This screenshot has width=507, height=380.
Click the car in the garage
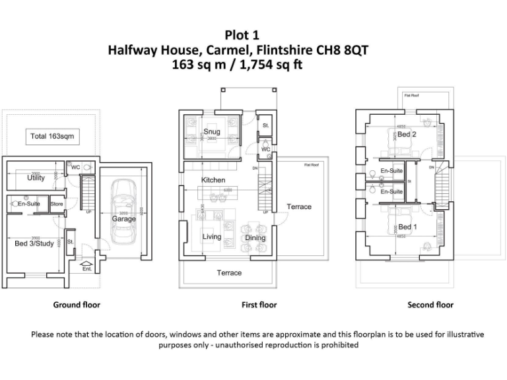(123, 205)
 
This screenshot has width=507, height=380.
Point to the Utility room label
(36, 178)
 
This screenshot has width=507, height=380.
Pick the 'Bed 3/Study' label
(35, 243)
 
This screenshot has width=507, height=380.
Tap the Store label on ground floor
(57, 204)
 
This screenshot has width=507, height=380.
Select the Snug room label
(211, 131)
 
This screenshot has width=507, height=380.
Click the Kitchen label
(213, 180)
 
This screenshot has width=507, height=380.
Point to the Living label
(211, 237)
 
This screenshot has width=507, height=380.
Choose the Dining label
(255, 238)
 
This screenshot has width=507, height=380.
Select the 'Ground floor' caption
(77, 305)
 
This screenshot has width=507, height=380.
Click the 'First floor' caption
(259, 305)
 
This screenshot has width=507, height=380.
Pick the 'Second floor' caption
(430, 305)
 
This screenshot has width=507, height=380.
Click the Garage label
(123, 219)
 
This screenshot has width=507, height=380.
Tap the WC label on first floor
(265, 149)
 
